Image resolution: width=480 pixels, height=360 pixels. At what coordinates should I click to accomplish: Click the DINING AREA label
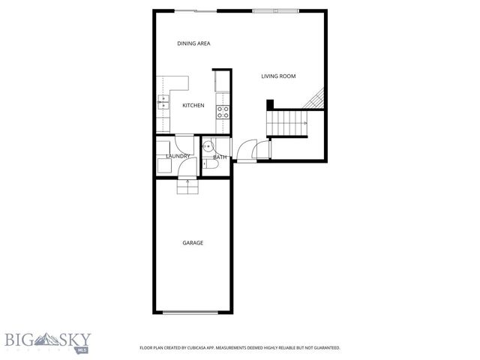193,43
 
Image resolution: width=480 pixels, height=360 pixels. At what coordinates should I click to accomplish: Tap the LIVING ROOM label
278,76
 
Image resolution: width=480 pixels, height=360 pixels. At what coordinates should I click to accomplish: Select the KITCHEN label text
193,106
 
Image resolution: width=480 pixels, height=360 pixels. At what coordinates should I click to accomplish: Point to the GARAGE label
193,243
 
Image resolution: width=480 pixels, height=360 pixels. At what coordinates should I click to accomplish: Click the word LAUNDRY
177,156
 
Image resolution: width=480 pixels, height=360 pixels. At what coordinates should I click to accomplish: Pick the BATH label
220,157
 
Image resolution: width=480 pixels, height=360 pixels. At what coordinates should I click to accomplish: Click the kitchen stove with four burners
223,112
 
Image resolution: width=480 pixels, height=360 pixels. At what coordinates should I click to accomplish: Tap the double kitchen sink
162,103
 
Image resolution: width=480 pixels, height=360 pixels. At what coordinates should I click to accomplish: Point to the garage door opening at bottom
192,312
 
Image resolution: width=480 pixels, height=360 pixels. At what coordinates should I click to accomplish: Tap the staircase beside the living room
289,121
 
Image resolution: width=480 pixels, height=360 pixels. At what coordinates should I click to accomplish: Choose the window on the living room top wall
275,10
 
